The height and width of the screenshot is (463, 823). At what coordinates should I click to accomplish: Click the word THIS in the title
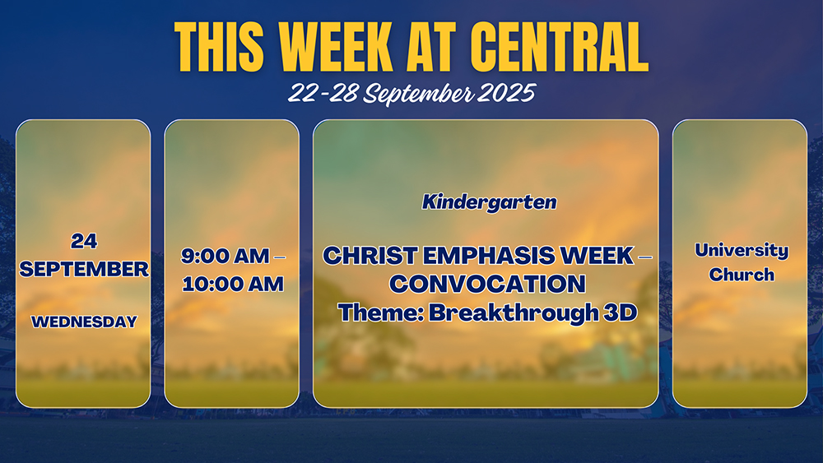(x=219, y=47)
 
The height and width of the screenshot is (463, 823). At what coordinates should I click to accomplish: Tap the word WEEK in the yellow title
(x=336, y=47)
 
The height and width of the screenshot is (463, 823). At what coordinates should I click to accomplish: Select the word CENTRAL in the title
(x=560, y=47)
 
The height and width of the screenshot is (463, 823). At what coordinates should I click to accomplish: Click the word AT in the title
(x=431, y=47)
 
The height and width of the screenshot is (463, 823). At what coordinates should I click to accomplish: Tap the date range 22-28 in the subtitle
(x=323, y=93)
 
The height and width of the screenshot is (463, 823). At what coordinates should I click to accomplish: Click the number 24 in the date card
(x=84, y=241)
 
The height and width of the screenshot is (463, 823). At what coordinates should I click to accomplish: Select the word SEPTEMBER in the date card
(x=84, y=269)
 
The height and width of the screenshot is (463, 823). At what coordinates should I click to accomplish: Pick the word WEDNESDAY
(x=84, y=322)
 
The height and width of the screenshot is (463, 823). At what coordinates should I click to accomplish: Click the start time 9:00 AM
(x=226, y=256)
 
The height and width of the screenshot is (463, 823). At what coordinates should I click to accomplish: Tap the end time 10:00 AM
(x=233, y=285)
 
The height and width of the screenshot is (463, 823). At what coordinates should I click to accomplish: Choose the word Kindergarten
(x=489, y=202)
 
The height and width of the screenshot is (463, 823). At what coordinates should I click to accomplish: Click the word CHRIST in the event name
(x=370, y=256)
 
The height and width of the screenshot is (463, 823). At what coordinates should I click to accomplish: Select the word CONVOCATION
(x=487, y=285)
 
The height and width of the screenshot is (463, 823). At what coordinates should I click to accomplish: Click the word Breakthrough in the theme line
(x=514, y=313)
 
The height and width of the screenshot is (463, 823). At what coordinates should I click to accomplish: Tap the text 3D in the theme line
(x=621, y=313)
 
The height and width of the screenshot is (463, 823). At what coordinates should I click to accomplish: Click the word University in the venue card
(x=742, y=251)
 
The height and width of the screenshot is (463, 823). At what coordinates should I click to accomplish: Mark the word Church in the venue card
(x=742, y=274)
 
